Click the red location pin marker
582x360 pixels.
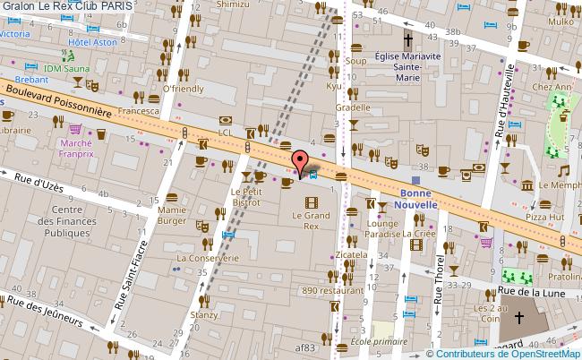point(298,163)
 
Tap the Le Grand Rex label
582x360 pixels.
point(311,220)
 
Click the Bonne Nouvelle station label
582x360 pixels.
point(418,198)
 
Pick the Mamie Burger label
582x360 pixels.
point(171,215)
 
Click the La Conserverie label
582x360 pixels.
point(208,258)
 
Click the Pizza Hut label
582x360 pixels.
point(544,217)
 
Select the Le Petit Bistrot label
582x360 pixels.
point(245,197)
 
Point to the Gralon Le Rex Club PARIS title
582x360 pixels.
point(69,5)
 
